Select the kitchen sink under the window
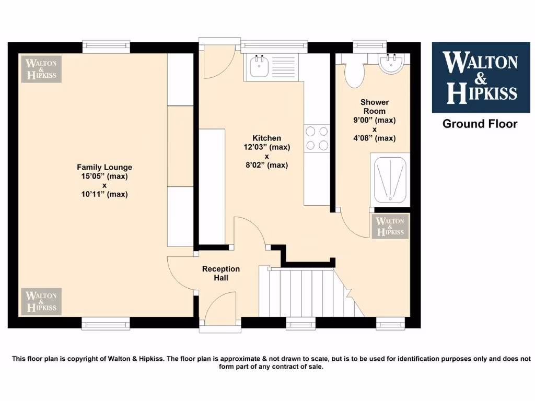[260, 67]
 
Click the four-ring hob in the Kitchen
[317, 138]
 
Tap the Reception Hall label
[221, 273]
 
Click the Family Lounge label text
[104, 167]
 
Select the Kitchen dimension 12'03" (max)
[267, 147]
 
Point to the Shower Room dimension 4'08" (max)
[375, 138]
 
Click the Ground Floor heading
[480, 124]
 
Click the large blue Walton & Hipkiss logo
[480, 77]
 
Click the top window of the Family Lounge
[107, 47]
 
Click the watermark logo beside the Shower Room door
[390, 226]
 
